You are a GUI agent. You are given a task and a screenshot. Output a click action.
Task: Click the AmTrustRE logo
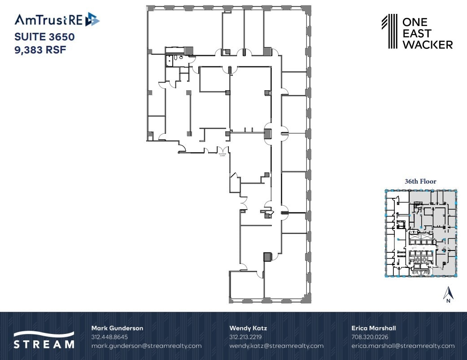(x=57, y=19)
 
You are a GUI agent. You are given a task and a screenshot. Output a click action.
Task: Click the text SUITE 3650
(x=44, y=37)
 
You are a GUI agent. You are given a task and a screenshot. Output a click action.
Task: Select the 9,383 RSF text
(x=40, y=50)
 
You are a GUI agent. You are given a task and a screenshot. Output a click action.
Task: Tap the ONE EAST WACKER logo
(x=417, y=32)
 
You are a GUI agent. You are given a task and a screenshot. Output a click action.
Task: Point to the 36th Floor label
(x=420, y=181)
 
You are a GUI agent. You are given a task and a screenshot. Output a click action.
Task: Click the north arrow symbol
(x=447, y=294)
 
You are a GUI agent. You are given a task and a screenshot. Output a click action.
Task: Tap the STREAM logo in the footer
(x=44, y=340)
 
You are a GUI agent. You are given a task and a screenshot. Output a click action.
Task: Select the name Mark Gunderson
(x=117, y=328)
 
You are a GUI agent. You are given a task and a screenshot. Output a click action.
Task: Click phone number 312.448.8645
(x=109, y=337)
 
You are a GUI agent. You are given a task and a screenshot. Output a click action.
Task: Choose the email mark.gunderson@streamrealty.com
(x=146, y=346)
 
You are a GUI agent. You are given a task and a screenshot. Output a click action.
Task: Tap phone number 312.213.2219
(x=245, y=337)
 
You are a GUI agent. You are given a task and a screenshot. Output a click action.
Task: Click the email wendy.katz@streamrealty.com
(x=276, y=346)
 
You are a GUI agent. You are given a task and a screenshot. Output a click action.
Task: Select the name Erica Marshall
(x=374, y=328)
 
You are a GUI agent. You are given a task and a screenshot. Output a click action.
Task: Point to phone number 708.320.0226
(x=370, y=337)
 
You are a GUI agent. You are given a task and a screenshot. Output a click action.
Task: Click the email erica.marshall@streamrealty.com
(x=403, y=346)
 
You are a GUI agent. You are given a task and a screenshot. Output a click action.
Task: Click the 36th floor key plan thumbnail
(x=421, y=233)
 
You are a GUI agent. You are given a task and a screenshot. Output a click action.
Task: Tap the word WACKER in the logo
(x=428, y=44)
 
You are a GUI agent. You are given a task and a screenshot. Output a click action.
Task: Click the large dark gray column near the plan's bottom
(x=267, y=257)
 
